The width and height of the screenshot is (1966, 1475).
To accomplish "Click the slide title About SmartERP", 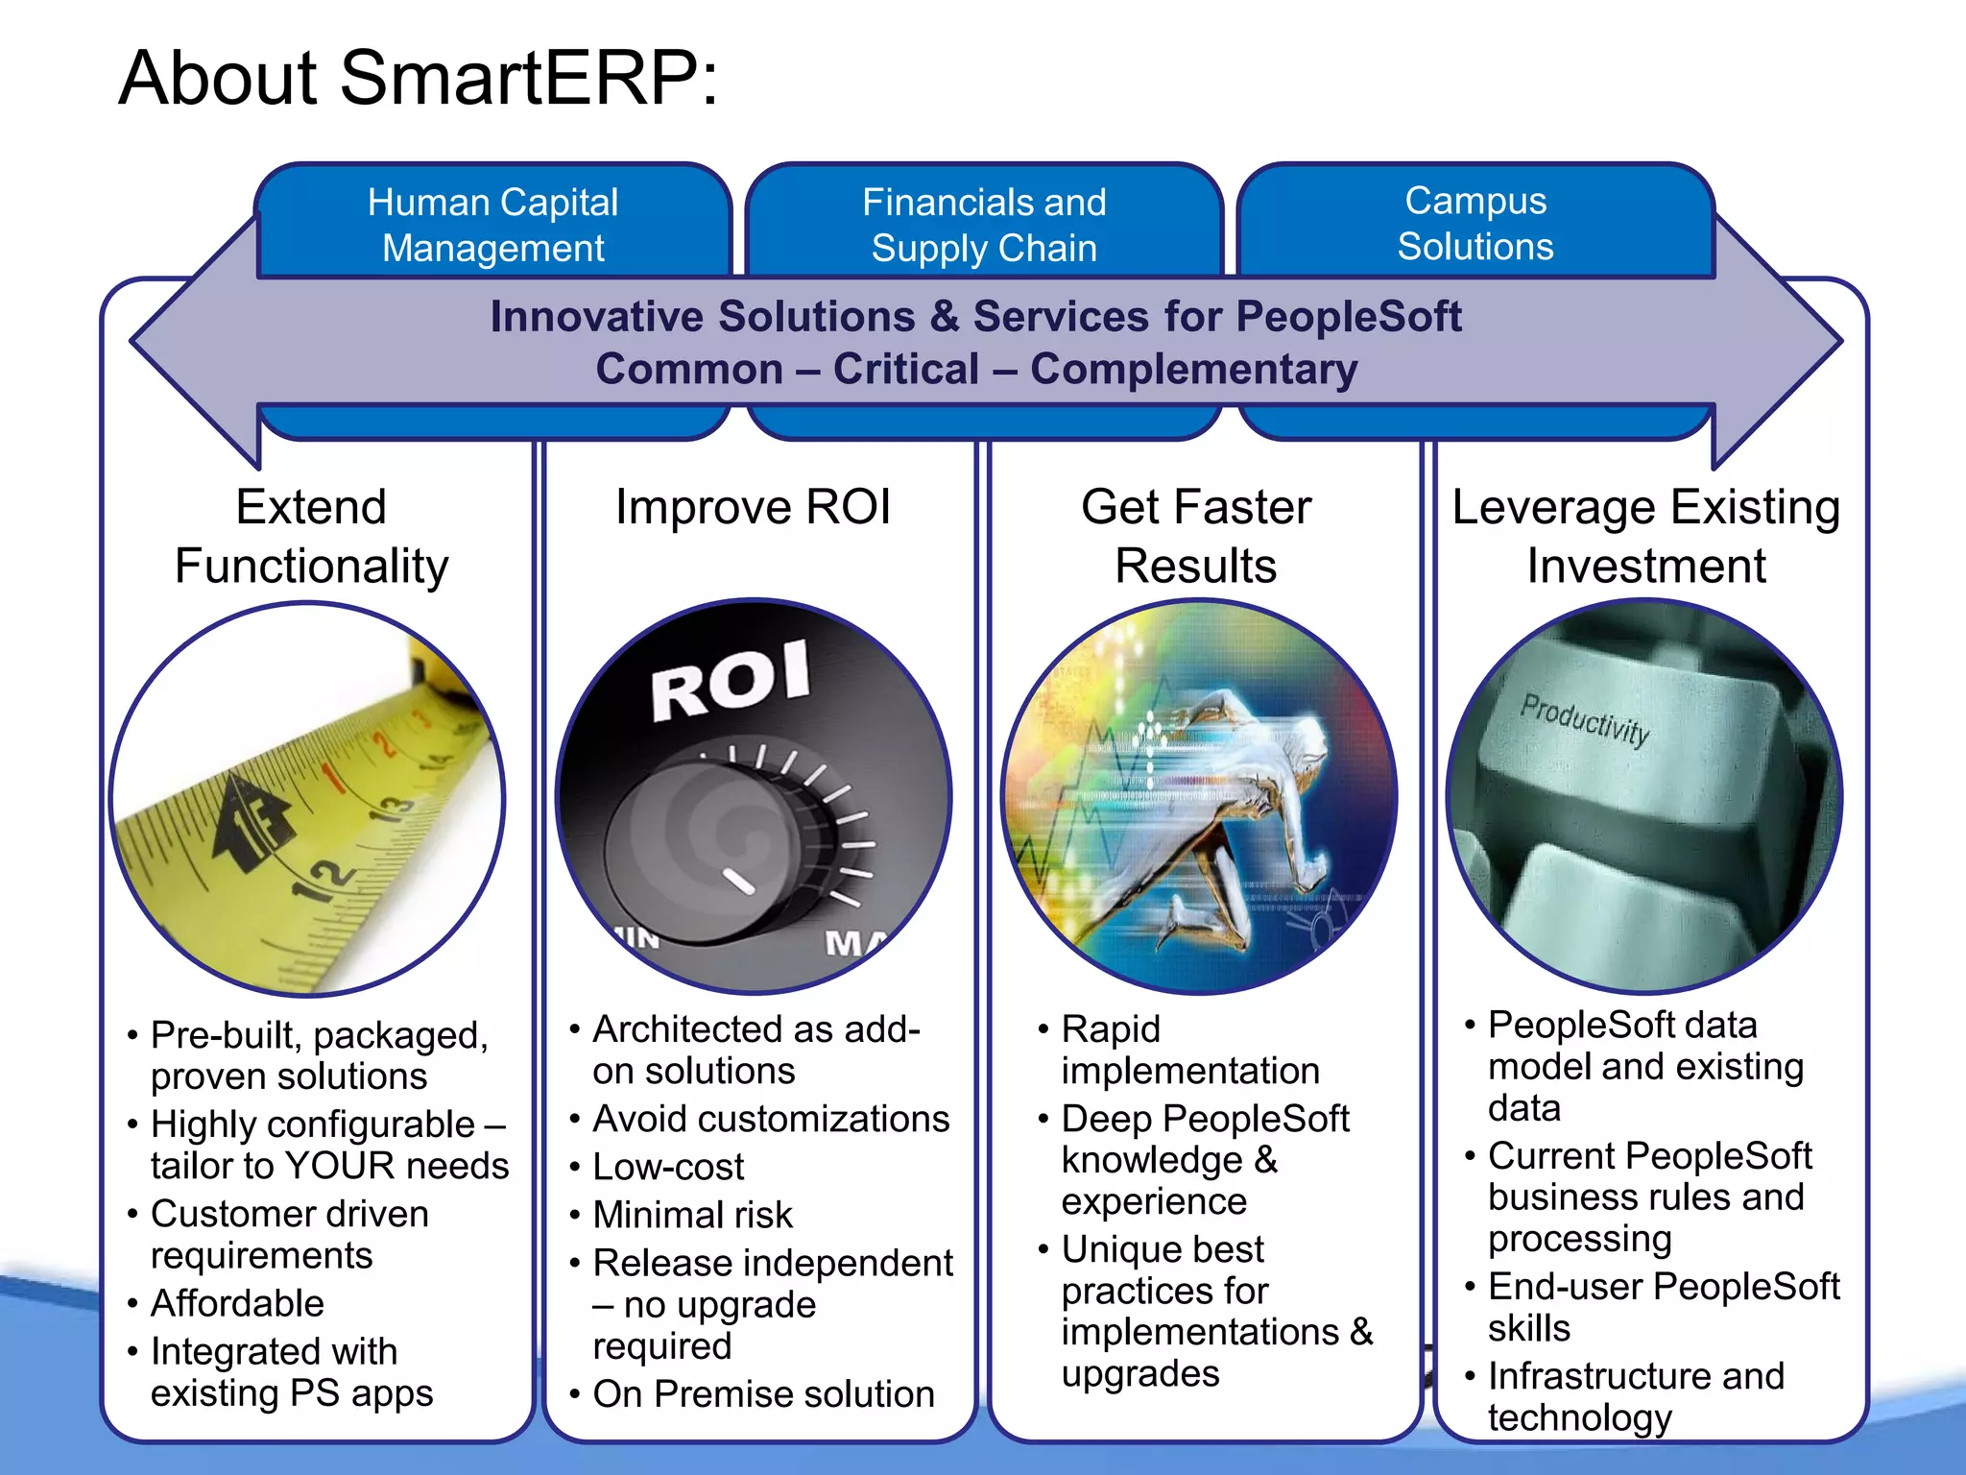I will click(x=418, y=79).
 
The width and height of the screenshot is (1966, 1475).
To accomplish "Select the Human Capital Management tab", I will click(x=492, y=225).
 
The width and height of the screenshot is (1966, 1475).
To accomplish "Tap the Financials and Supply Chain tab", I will click(x=984, y=225).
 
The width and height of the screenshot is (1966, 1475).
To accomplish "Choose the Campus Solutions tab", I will click(x=1475, y=223).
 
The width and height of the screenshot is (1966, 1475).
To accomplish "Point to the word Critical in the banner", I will click(x=905, y=370).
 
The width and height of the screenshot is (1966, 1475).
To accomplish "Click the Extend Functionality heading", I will click(x=311, y=536).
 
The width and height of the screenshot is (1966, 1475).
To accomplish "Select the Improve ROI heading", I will click(x=754, y=507).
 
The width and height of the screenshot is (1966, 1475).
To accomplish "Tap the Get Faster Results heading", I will click(x=1196, y=536).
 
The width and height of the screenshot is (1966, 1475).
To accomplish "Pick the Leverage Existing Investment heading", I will click(x=1645, y=536).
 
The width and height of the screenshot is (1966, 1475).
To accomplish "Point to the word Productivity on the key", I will click(x=1585, y=719).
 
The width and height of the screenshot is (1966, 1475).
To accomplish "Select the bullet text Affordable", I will click(x=237, y=1303).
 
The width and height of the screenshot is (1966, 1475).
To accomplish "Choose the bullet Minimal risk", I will click(x=692, y=1215).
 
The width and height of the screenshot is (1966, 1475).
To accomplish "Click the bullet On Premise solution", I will click(x=763, y=1393).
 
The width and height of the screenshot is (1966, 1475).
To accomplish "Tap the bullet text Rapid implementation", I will click(x=1189, y=1050).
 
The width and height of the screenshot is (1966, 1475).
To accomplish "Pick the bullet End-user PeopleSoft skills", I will click(x=1663, y=1307).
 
